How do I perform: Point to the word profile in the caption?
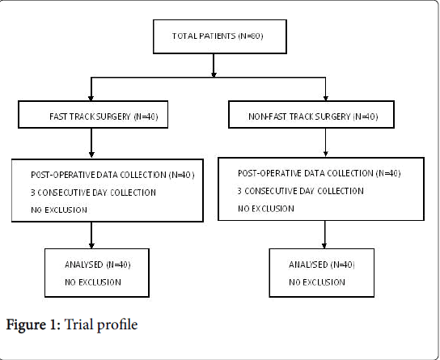[x=116, y=325]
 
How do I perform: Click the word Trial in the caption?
[x=78, y=324]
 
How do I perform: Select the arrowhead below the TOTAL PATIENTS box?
[x=214, y=74]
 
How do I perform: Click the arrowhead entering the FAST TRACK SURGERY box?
[x=91, y=98]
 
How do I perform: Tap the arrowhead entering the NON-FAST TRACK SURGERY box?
[x=325, y=98]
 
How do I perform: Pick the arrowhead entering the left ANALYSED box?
[x=91, y=246]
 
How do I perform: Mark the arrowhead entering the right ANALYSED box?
[x=324, y=246]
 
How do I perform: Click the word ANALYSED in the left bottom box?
[x=84, y=265]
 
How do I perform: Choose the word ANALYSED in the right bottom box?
[x=308, y=265]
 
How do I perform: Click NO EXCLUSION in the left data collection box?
[x=59, y=210]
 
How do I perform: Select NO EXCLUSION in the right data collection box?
[x=266, y=209]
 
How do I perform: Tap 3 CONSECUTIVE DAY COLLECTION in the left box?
[x=93, y=193]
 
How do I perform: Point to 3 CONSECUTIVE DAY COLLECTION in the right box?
[x=301, y=191]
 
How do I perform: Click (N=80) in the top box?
[x=251, y=36]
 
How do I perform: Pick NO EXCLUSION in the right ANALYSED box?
[x=317, y=282]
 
